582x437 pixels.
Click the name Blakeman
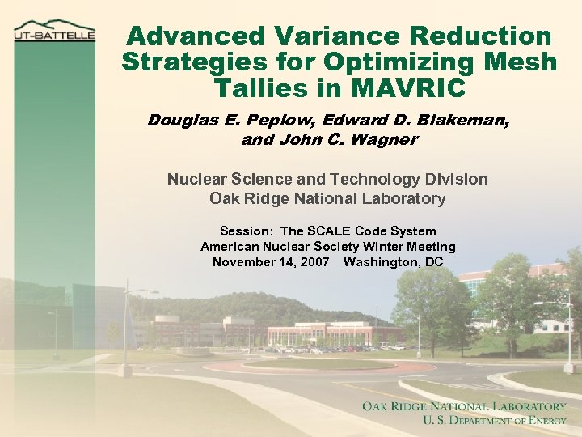pyautogui.click(x=464, y=121)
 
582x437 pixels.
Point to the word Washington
pyautogui.click(x=378, y=262)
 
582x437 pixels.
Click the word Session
pyautogui.click(x=246, y=231)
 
